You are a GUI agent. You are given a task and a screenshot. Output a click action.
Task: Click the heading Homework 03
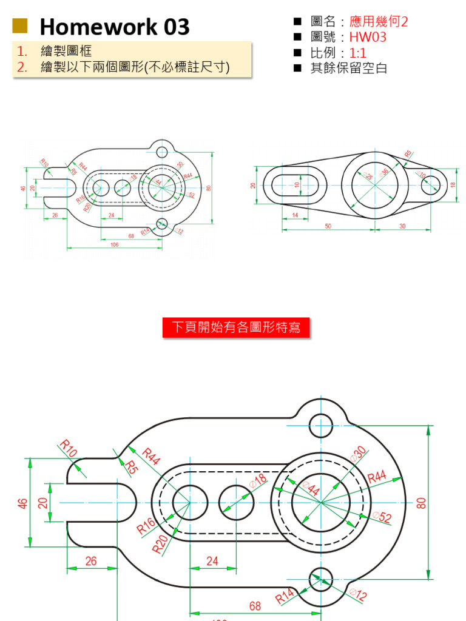[114, 27]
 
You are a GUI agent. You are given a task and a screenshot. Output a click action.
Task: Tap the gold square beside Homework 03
[20, 25]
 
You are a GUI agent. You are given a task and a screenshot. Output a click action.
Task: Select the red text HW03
[368, 38]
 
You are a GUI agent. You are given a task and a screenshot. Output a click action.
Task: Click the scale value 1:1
[358, 53]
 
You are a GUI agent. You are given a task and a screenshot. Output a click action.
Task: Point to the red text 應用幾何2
[379, 22]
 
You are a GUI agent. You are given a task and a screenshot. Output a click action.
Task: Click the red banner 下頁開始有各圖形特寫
[236, 327]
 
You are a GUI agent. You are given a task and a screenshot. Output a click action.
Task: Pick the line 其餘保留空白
[349, 68]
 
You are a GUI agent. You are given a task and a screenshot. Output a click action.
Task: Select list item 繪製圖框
[66, 51]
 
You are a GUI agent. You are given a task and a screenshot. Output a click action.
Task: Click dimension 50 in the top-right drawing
[328, 226]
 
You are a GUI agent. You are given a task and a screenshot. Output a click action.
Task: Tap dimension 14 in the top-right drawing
[295, 215]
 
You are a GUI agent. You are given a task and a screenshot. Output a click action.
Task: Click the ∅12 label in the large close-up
[359, 594]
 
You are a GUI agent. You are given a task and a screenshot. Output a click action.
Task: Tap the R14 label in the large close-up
[285, 597]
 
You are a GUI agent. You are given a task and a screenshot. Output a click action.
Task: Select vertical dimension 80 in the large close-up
[422, 503]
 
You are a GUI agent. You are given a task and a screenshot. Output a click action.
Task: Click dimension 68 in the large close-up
[255, 606]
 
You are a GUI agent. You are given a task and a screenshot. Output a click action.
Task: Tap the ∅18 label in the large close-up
[258, 481]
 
